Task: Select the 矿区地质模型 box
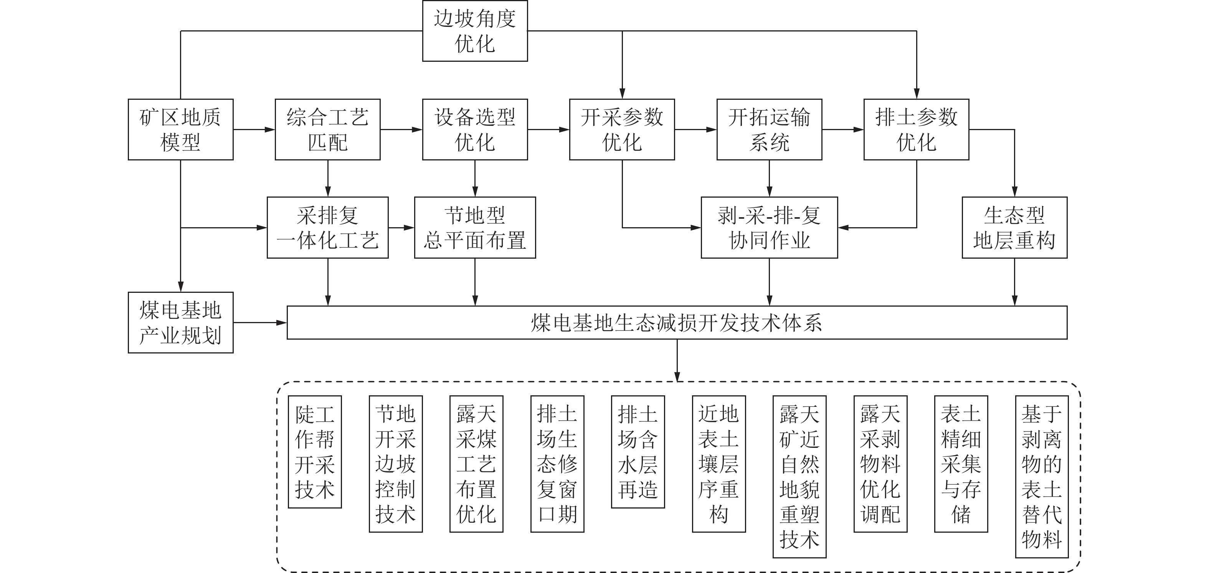coord(181,129)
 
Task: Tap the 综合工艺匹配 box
coord(328,129)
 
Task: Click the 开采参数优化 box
coord(622,129)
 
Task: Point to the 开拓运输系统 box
coord(769,129)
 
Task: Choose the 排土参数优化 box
coord(916,129)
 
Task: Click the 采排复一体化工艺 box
coord(328,228)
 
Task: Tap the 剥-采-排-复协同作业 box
coord(769,228)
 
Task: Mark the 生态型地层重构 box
coord(1014,228)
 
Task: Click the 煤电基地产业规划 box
coord(181,322)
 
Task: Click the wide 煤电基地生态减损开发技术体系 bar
coord(677,322)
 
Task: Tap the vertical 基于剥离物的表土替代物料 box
coord(1041,476)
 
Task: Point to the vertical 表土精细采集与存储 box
coord(961,464)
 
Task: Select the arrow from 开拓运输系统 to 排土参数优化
coord(842,129)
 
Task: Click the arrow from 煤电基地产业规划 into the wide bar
coord(260,323)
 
